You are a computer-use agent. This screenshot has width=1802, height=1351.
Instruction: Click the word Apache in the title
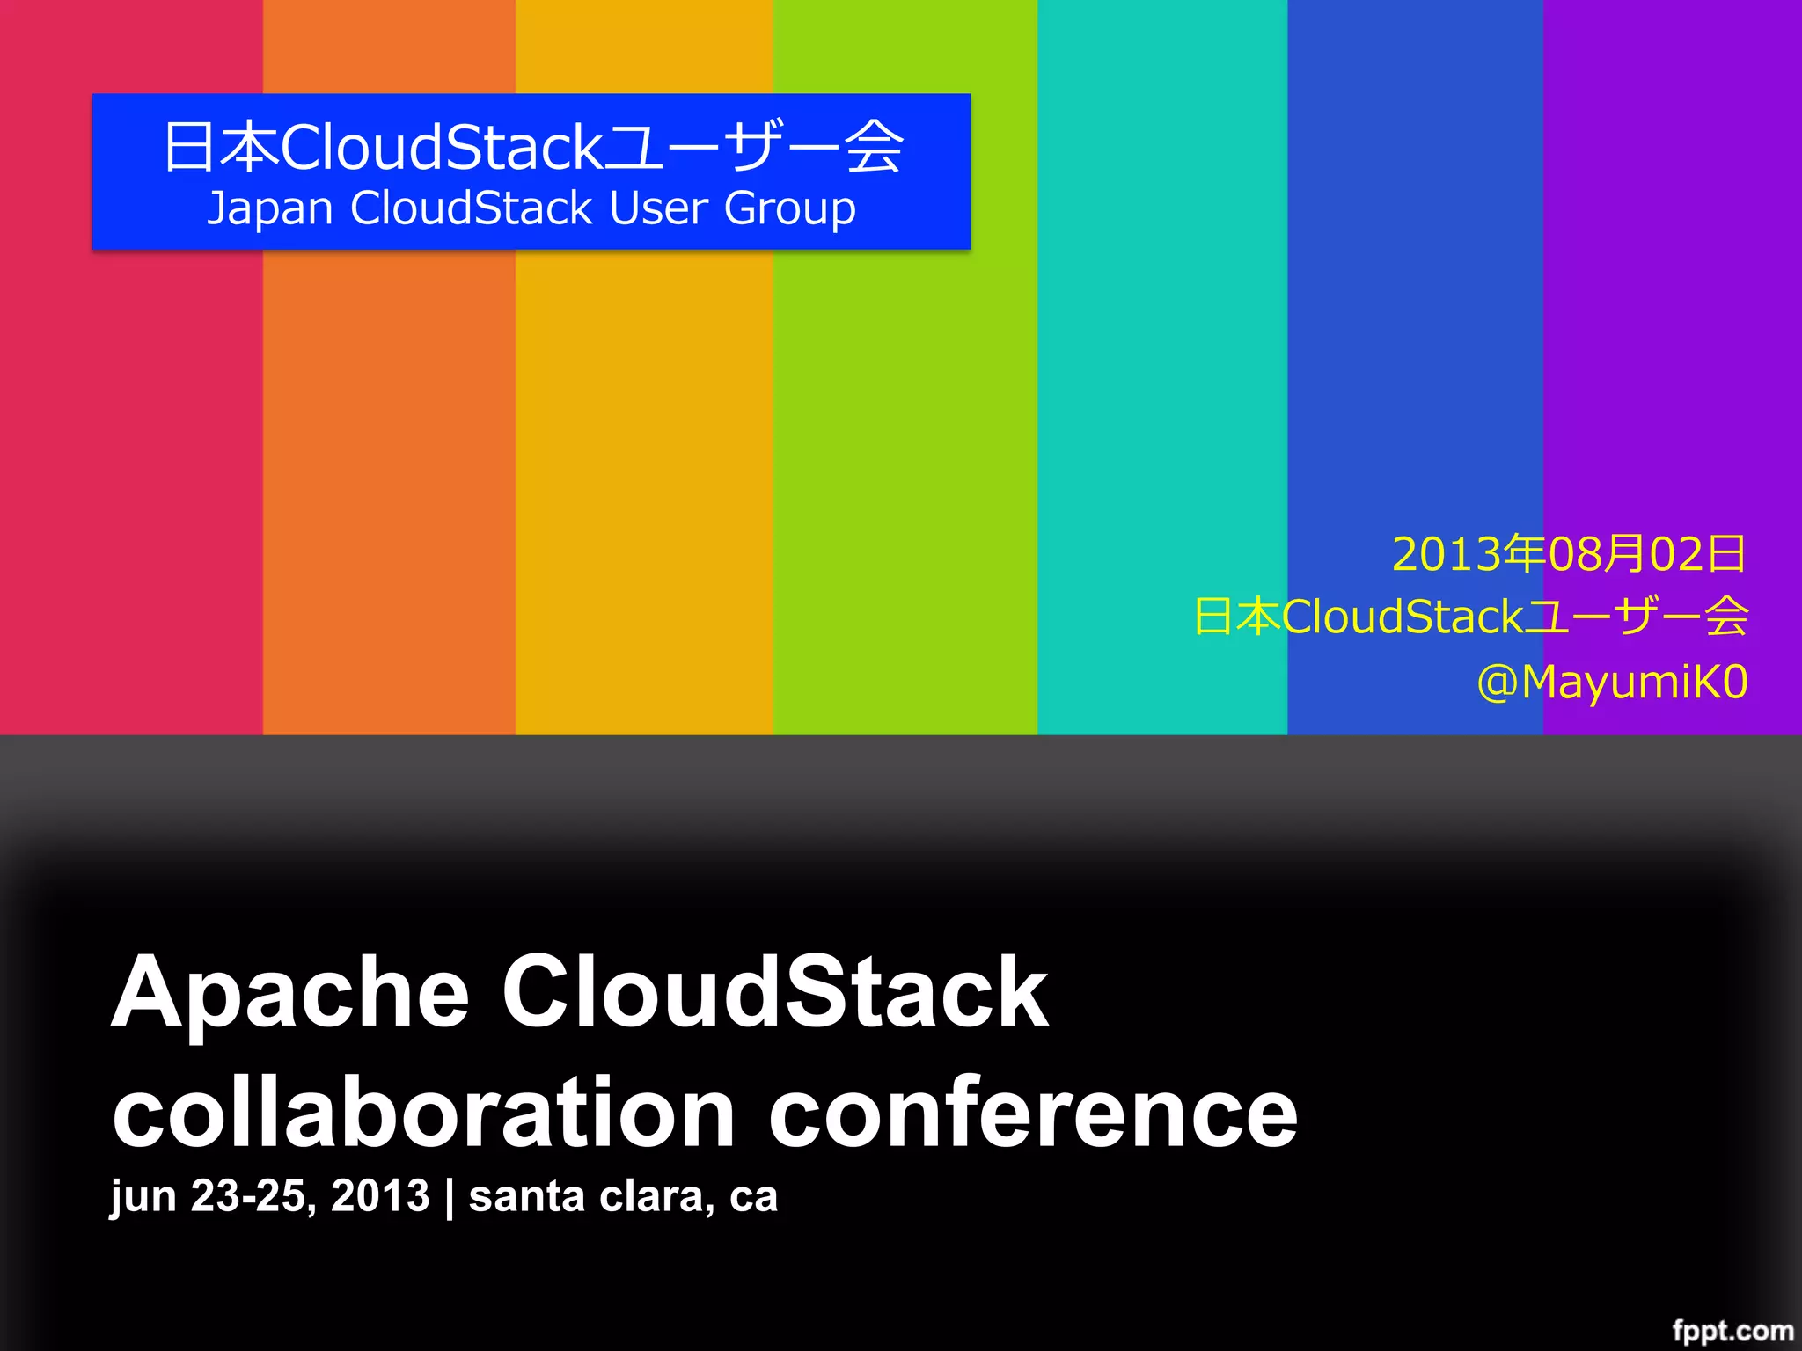point(290,994)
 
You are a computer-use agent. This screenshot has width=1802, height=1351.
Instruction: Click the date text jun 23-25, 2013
point(269,1197)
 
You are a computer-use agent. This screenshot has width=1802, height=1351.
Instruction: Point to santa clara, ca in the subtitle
point(623,1197)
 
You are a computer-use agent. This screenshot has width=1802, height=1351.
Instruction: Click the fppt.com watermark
point(1732,1331)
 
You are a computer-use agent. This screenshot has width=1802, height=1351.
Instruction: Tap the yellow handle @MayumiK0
point(1612,683)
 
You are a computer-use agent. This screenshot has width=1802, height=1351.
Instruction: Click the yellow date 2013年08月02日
point(1569,554)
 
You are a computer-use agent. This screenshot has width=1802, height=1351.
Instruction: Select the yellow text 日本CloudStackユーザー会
point(1470,617)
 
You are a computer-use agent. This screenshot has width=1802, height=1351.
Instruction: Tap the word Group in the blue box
point(789,210)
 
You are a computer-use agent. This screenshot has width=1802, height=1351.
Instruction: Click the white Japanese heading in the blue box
point(532,147)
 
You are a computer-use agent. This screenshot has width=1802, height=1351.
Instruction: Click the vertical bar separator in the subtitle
point(450,1197)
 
